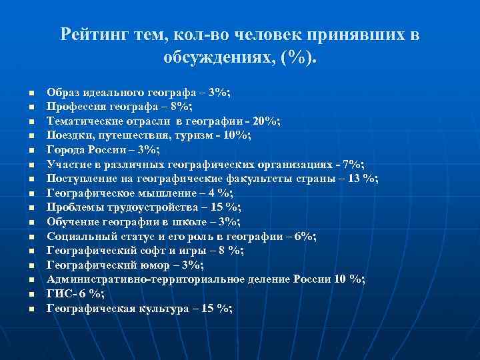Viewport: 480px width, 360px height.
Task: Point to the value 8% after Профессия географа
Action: [x=182, y=106]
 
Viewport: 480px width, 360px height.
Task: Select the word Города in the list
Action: [x=64, y=149]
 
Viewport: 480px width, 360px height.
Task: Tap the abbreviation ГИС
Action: [x=57, y=294]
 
